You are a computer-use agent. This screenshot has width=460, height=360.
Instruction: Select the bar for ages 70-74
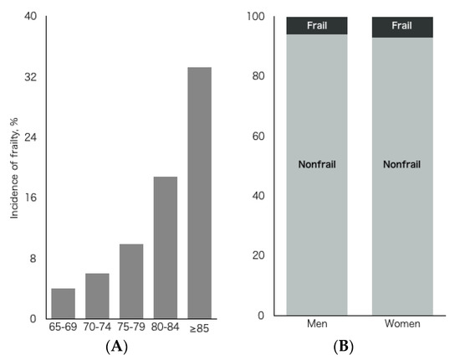97,296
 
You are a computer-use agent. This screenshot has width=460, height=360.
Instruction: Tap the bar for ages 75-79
131,281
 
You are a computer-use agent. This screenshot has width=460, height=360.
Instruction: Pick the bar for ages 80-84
166,247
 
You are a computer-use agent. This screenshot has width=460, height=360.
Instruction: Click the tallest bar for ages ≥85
199,193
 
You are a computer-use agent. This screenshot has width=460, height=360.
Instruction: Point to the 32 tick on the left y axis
31,77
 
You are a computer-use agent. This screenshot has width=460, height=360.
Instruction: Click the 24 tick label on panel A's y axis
31,137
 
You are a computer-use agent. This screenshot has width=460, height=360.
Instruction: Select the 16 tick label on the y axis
31,198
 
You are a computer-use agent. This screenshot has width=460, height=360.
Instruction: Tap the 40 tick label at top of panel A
31,17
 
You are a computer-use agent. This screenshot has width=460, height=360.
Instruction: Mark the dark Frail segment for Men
317,26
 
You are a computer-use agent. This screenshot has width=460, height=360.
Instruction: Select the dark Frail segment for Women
402,27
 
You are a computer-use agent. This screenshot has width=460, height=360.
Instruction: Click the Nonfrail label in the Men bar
317,164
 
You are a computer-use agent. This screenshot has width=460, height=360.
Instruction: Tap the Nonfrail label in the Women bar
402,164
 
